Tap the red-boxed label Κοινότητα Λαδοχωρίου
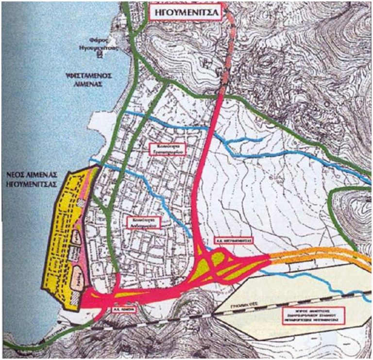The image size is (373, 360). point(145,223)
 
